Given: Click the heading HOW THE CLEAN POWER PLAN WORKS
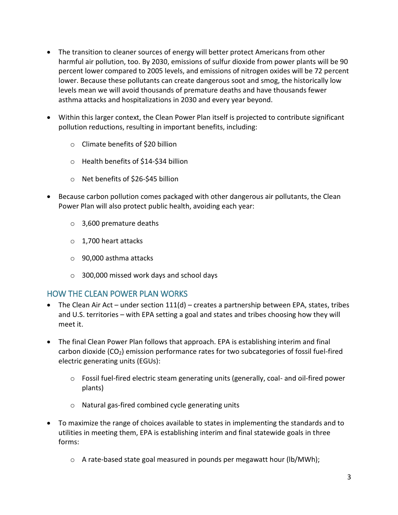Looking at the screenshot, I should (x=117, y=294).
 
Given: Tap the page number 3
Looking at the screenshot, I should (x=349, y=477).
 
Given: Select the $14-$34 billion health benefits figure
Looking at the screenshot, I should (x=164, y=162).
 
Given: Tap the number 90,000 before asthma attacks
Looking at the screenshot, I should (x=93, y=258).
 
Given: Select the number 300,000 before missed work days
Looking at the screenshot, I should (x=95, y=276).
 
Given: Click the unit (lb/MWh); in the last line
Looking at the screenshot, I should (x=303, y=460).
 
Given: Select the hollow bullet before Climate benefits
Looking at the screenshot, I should (x=72, y=145).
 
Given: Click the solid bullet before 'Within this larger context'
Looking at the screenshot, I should (x=49, y=118).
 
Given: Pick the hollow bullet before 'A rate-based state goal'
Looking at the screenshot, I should (x=72, y=460).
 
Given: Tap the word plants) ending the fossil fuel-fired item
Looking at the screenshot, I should (x=93, y=388).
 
